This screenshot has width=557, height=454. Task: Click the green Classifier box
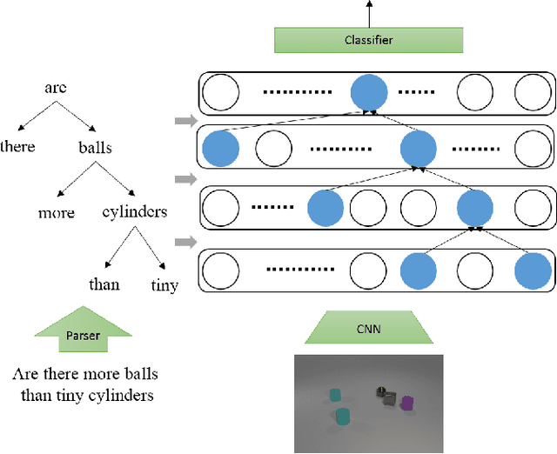(367, 40)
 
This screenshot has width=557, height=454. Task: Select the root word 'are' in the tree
(56, 88)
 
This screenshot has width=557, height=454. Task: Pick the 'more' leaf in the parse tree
(57, 212)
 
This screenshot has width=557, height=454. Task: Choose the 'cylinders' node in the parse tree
(135, 212)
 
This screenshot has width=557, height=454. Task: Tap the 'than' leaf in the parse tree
(104, 284)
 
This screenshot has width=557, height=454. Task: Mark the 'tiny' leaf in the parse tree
(165, 284)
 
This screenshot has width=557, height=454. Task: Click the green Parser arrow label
(84, 335)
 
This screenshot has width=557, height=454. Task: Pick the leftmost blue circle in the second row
(219, 148)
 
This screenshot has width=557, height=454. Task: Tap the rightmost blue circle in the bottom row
(533, 270)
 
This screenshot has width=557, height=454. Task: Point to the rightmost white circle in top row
(533, 92)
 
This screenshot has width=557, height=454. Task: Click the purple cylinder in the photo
(406, 403)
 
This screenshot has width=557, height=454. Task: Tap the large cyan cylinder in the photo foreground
(344, 417)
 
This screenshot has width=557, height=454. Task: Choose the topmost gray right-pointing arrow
(184, 121)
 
